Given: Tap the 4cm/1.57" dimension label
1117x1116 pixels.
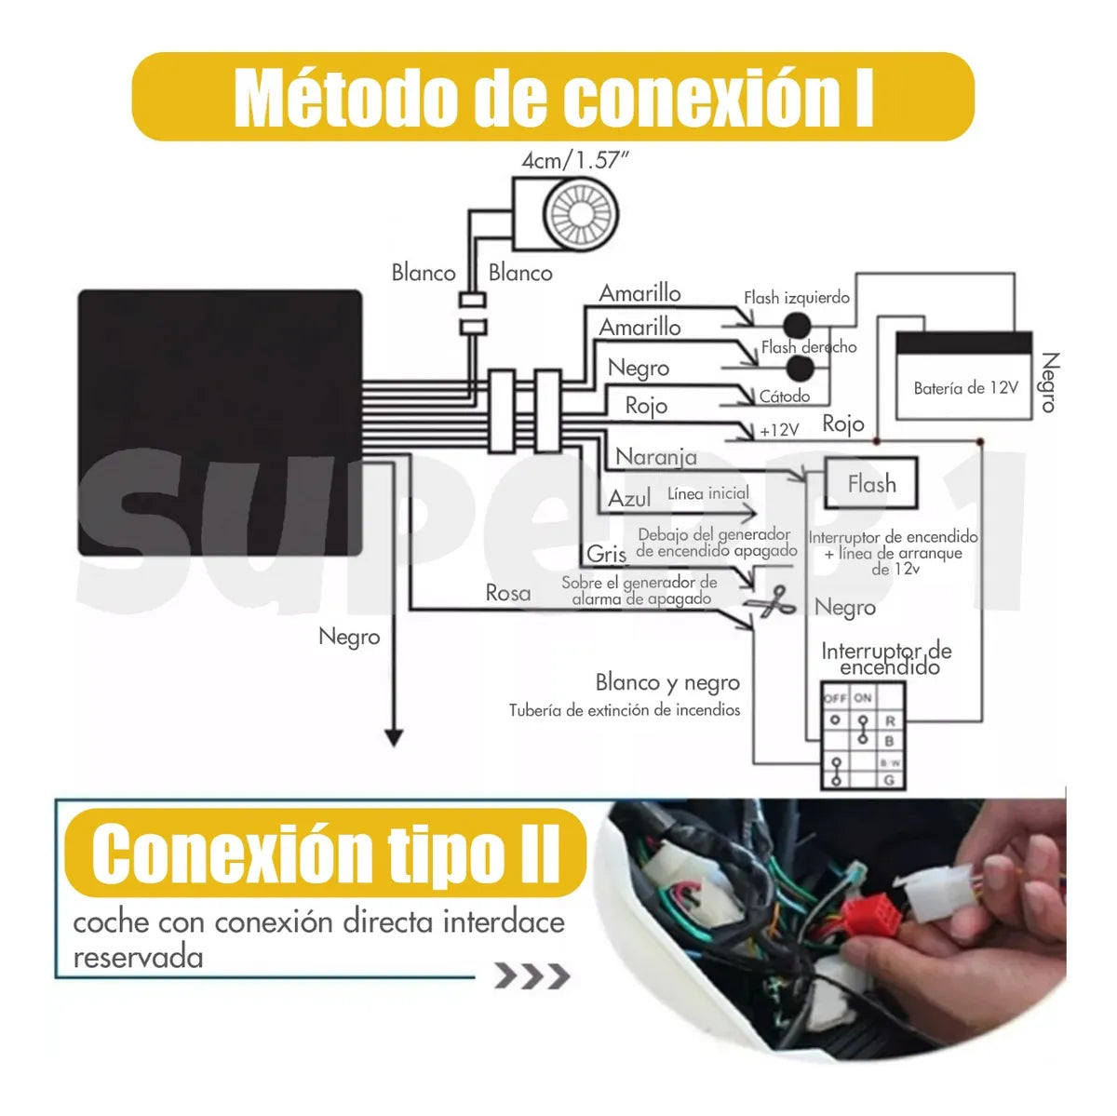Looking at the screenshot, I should click(x=574, y=160).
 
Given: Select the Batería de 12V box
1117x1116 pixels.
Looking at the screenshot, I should click(x=964, y=376).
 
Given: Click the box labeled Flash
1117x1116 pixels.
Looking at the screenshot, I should click(x=871, y=484).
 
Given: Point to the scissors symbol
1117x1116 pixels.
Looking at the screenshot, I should click(x=772, y=602).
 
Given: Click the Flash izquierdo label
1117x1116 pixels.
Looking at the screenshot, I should click(x=796, y=298).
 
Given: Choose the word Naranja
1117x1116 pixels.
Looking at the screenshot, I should click(x=656, y=457).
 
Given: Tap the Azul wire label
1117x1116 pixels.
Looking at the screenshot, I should click(x=629, y=499).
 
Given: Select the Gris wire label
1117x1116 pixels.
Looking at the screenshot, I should click(x=607, y=554).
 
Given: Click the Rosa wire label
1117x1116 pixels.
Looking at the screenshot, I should click(x=508, y=593).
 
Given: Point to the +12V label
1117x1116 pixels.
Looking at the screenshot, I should click(x=779, y=430).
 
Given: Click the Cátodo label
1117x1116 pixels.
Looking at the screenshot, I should click(x=785, y=397).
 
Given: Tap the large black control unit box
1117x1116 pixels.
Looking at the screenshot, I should click(x=220, y=424).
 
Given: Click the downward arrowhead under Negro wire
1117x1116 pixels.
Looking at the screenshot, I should click(x=394, y=737).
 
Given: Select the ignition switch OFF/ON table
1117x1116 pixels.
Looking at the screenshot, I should click(x=863, y=736).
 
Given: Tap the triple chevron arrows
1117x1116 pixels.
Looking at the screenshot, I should click(x=532, y=976).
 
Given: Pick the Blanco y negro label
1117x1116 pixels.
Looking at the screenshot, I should click(x=667, y=682).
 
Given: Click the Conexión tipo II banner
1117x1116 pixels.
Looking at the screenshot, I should click(x=326, y=854).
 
